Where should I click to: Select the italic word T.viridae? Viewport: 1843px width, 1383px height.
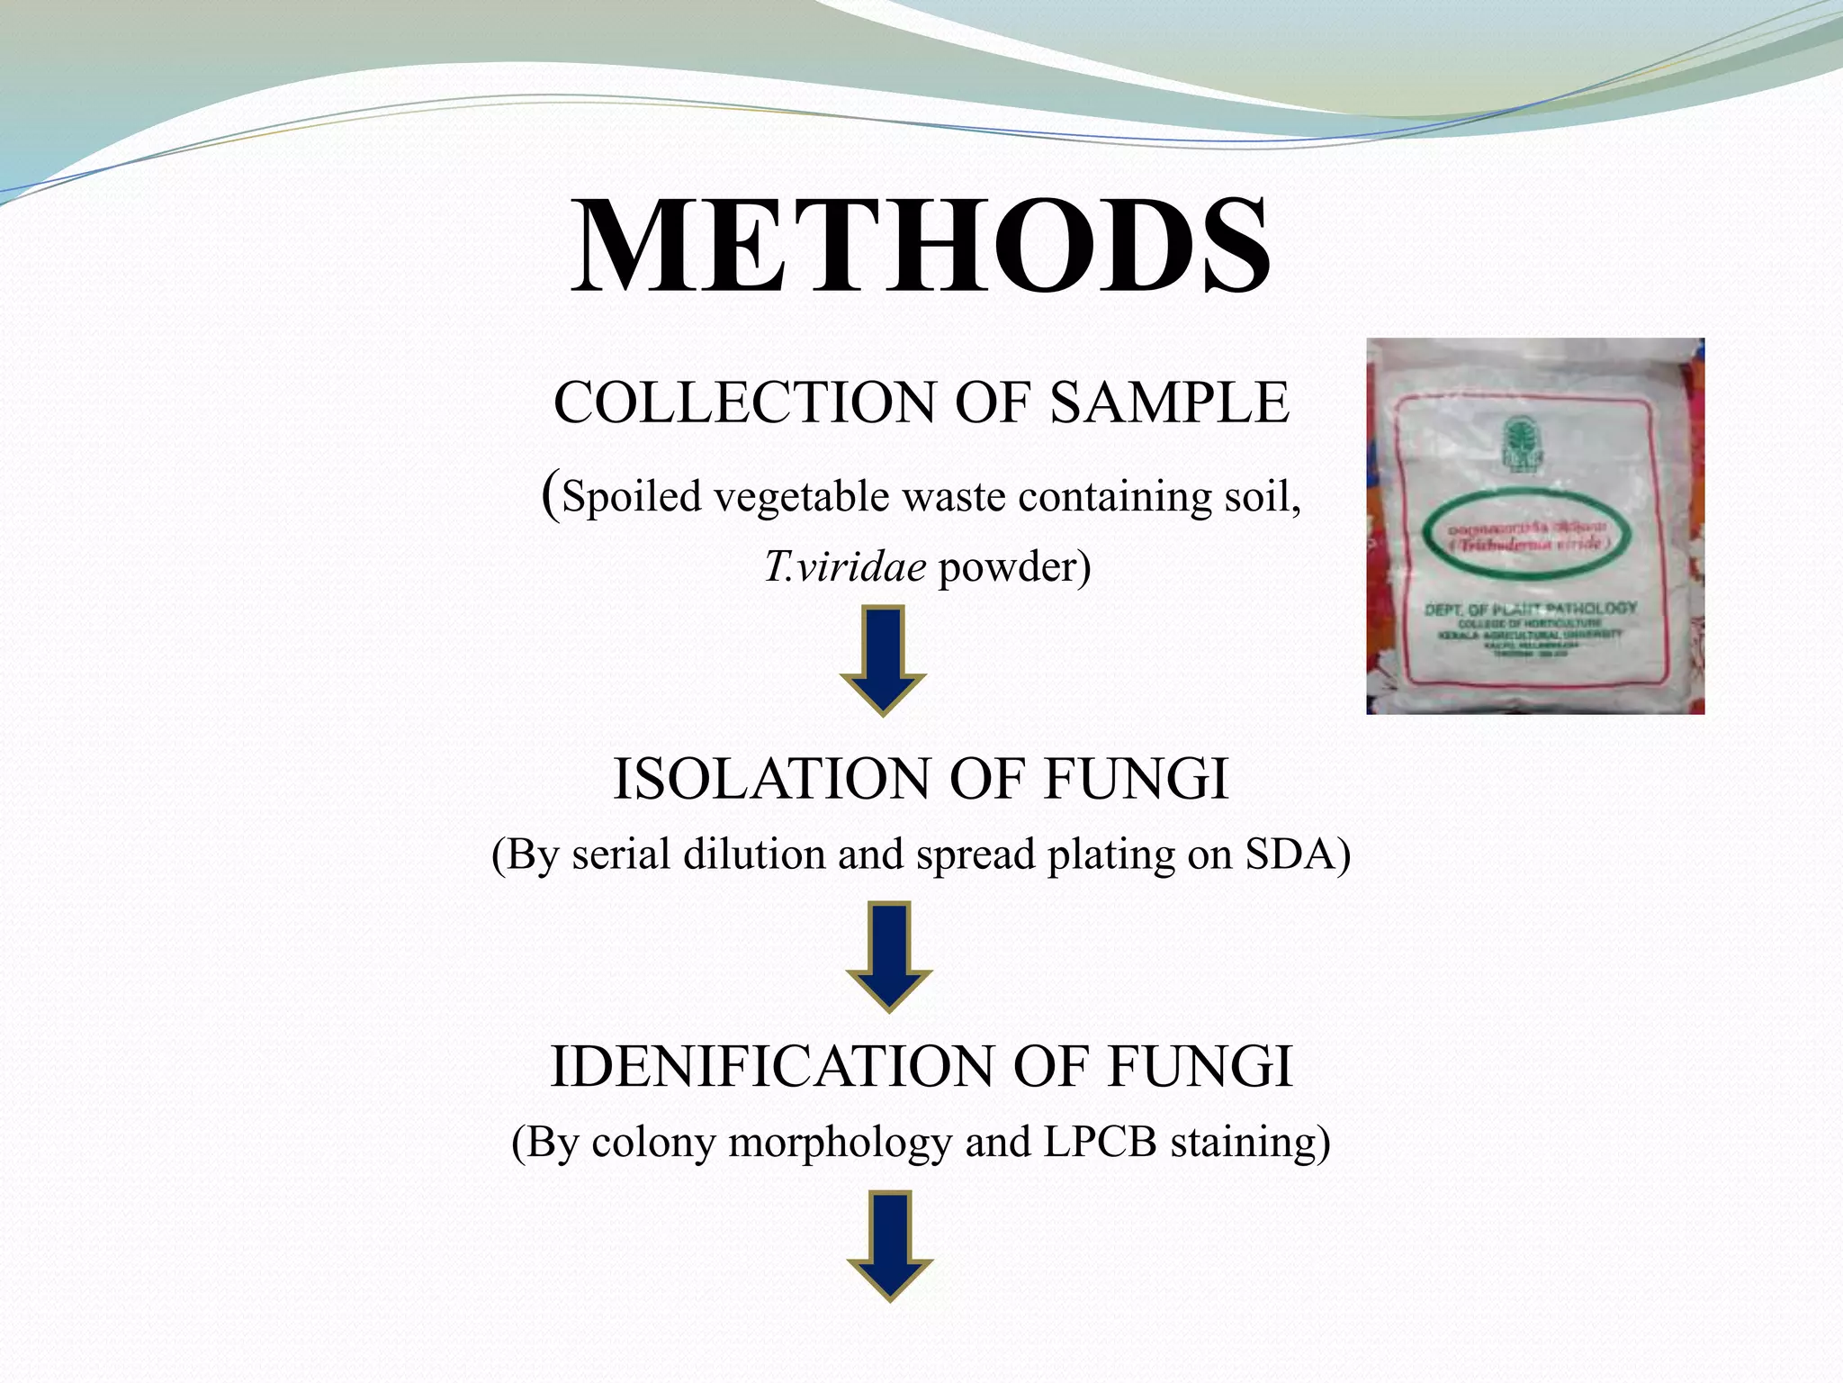(x=845, y=567)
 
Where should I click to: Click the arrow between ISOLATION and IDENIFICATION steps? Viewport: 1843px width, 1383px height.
(x=889, y=957)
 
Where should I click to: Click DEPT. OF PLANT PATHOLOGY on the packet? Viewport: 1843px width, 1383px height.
(x=1530, y=609)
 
